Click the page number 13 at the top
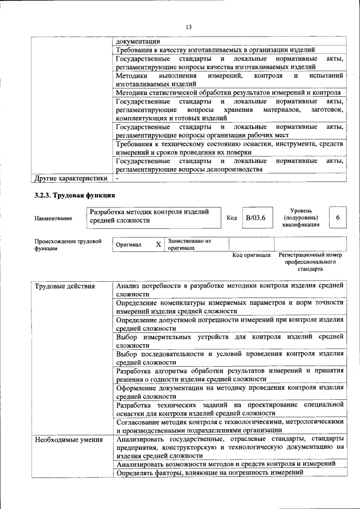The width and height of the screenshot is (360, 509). pyautogui.click(x=188, y=27)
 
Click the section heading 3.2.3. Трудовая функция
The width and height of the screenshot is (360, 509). pyautogui.click(x=75, y=195)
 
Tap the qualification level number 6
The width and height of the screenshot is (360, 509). pyautogui.click(x=337, y=217)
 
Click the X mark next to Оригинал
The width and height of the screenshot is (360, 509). pyautogui.click(x=158, y=245)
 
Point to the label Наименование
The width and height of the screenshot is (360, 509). pyautogui.click(x=53, y=218)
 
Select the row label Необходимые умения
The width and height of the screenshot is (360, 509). pyautogui.click(x=69, y=439)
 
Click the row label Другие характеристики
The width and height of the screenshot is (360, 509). pyautogui.click(x=70, y=178)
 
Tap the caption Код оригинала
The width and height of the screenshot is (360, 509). pyautogui.click(x=252, y=255)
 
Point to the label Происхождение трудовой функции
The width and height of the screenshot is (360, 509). pyautogui.click(x=67, y=244)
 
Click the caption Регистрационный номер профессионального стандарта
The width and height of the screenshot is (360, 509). pyautogui.click(x=310, y=262)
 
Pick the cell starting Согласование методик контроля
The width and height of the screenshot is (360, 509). pyautogui.click(x=229, y=425)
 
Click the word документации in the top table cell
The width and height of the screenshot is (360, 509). pyautogui.click(x=138, y=41)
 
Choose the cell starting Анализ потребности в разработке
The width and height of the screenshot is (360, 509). pyautogui.click(x=229, y=289)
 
